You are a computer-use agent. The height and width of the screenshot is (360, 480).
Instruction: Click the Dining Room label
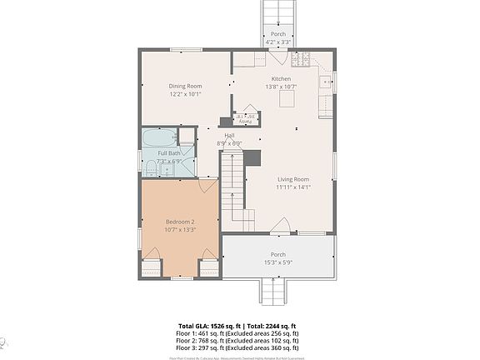coord(186,86)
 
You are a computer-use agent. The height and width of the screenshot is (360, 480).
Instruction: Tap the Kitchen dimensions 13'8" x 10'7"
coord(280,87)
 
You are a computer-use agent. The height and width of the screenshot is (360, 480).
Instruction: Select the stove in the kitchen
coord(302,59)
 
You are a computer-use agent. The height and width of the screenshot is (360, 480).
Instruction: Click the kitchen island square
coord(287,101)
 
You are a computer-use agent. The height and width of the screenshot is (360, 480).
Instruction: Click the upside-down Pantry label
coord(247,118)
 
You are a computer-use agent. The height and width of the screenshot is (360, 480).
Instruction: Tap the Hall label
coord(228,135)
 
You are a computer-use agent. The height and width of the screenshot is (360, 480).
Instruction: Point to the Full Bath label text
coord(169,153)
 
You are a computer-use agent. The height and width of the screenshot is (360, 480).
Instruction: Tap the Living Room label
coord(292,179)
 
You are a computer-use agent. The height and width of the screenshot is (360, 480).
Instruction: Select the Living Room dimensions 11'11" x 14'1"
coord(292,187)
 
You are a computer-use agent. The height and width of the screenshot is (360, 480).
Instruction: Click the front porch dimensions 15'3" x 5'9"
coord(277,262)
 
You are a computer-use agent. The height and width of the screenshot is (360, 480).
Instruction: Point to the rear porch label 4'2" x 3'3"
coord(277,42)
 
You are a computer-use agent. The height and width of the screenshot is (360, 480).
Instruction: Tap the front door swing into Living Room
coord(284,225)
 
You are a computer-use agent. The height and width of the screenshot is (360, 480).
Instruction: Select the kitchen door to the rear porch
coord(278,58)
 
